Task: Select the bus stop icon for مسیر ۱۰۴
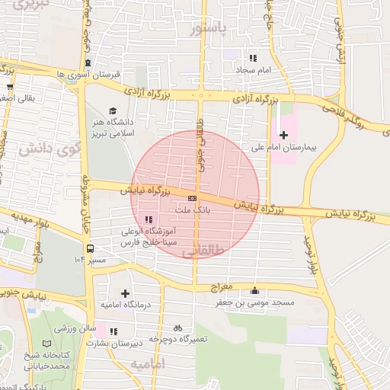(x=90, y=248)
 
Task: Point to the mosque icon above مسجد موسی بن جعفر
(x=254, y=291)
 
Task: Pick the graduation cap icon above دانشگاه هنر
(x=113, y=110)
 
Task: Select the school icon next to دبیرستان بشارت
(x=113, y=332)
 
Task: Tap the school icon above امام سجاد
(x=254, y=58)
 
